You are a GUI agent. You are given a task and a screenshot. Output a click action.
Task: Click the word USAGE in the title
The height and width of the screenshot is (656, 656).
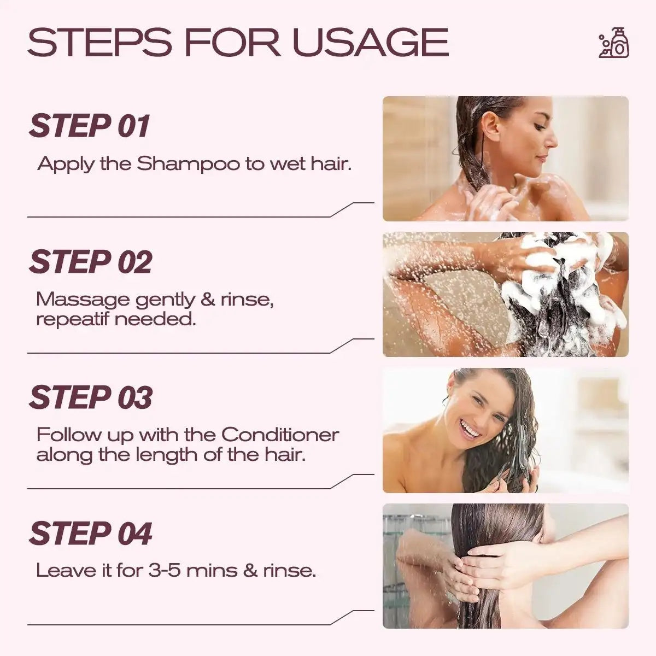tap(371, 42)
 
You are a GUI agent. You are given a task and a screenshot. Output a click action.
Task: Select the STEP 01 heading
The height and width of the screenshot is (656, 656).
tap(89, 126)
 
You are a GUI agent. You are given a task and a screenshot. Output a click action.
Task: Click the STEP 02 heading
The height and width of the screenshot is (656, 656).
tap(91, 261)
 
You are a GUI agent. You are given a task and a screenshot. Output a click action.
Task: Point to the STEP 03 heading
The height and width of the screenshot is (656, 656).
tap(91, 397)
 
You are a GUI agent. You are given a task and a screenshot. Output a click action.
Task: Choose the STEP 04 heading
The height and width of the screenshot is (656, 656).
tap(91, 534)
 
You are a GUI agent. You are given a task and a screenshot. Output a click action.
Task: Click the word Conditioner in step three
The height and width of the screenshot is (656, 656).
tap(280, 435)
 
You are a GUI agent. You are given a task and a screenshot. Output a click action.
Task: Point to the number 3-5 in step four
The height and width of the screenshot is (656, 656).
tap(164, 571)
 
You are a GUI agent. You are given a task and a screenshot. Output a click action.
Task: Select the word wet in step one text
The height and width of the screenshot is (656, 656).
tap(286, 164)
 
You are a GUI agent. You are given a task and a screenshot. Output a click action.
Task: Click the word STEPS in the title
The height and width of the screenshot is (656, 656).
tap(99, 42)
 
